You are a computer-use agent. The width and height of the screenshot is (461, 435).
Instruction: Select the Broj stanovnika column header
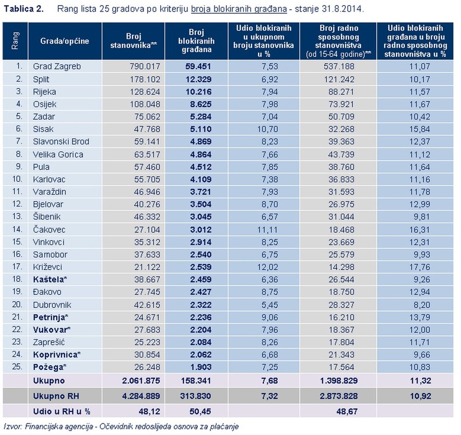coord(141,41)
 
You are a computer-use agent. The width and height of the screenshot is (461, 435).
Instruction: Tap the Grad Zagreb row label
coord(57,66)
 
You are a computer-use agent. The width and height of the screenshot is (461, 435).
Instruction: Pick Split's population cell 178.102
coord(145,78)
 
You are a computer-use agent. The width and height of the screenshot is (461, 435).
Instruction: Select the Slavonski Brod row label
coord(61,141)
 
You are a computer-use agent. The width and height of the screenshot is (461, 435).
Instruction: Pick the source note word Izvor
coord(12,426)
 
